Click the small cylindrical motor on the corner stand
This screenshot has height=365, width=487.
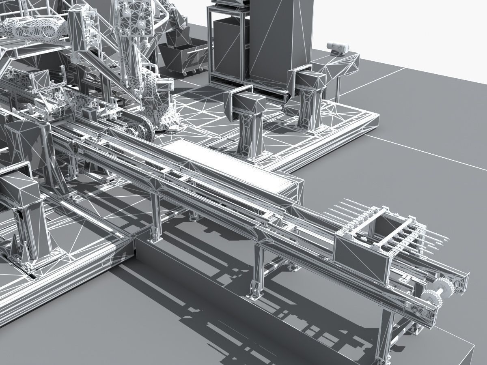click(x=338, y=48)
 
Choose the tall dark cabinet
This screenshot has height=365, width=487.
click(x=280, y=41)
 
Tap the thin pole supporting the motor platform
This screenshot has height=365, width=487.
click(x=338, y=87)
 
